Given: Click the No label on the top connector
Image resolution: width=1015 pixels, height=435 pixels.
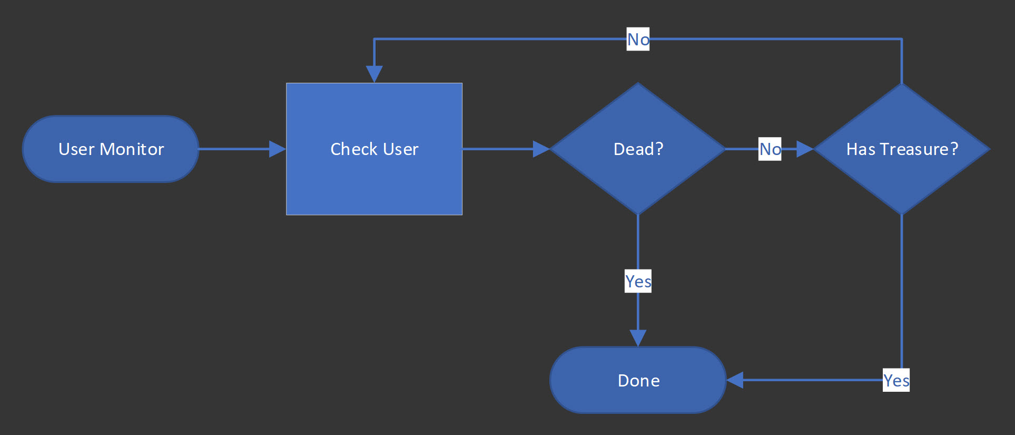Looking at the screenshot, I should click(638, 40).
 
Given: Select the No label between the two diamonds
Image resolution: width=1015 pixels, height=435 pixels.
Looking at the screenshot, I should click(770, 149).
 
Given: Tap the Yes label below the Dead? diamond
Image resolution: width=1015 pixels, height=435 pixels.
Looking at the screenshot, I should click(638, 281).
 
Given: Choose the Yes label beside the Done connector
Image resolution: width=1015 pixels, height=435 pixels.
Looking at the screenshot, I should click(896, 380).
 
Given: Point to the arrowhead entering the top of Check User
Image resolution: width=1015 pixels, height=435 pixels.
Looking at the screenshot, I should click(374, 74).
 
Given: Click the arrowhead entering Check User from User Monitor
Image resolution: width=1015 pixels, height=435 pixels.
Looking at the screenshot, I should click(277, 149).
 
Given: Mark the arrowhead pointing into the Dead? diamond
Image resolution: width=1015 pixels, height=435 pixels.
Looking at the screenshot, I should click(541, 149).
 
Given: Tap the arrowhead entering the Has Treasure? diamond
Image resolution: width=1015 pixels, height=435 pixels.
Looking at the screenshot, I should click(805, 149).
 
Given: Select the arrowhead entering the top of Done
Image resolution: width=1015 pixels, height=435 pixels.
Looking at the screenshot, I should click(638, 338).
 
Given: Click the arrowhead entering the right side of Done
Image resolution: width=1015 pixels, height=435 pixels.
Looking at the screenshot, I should click(735, 380).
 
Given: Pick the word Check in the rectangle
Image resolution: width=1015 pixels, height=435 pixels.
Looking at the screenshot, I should click(353, 149).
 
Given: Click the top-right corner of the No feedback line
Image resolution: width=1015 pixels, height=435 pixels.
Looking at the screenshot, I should click(902, 39).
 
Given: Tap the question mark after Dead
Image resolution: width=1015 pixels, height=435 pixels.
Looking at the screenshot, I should click(658, 149).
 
